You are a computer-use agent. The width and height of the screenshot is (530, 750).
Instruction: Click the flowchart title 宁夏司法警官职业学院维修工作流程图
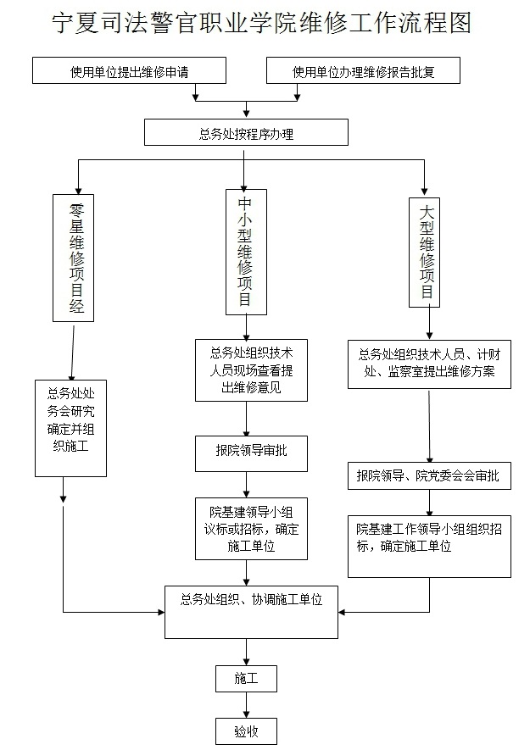(261, 23)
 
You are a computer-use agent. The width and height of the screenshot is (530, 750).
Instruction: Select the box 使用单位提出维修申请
(130, 71)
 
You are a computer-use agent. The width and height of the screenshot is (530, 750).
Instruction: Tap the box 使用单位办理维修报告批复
(363, 71)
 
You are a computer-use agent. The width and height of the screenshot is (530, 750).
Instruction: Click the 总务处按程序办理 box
(246, 132)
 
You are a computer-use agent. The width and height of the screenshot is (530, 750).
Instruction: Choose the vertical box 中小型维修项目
(245, 251)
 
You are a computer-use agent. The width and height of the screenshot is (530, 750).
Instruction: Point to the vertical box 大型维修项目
(427, 250)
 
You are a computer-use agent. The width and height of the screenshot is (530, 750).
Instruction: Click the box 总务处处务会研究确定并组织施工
(71, 428)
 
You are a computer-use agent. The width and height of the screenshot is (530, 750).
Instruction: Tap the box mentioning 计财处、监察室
(429, 364)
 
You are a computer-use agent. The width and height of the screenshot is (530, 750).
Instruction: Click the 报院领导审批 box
(246, 450)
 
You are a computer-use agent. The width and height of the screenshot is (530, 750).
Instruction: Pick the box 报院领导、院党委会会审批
(428, 475)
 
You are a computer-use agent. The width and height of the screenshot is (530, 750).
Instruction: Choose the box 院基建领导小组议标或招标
(246, 529)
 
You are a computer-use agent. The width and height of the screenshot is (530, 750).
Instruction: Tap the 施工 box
(245, 678)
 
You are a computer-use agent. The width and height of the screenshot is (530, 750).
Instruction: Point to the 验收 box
(245, 731)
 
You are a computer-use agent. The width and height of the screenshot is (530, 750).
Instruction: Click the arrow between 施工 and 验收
(246, 705)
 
